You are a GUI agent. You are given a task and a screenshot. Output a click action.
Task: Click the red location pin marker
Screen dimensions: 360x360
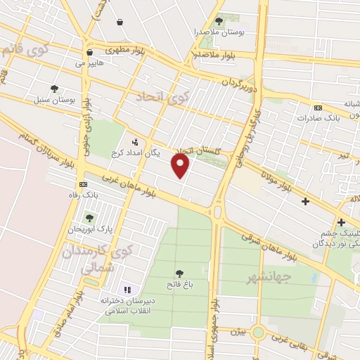coord(181,166)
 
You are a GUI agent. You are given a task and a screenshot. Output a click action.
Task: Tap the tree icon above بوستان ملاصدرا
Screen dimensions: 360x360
coord(219,21)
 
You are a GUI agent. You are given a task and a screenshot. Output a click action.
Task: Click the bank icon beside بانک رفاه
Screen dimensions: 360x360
coord(84,184)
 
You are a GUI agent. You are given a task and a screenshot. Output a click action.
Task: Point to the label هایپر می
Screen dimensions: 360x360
coord(89,63)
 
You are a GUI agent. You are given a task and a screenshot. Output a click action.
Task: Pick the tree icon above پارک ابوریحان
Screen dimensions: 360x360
coord(89,218)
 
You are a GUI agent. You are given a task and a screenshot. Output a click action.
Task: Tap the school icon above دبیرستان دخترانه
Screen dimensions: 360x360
coord(127,289)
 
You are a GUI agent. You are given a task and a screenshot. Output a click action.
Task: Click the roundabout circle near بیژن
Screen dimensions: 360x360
coord(259,332)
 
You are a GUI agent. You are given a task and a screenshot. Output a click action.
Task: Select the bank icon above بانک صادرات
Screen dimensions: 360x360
coord(318,108)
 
